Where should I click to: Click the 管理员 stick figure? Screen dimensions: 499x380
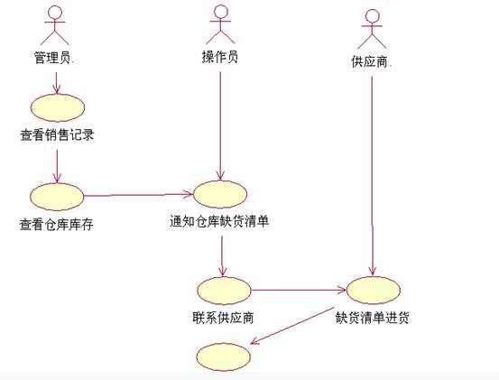(x=55, y=25)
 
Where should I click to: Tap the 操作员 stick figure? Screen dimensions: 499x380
(x=220, y=24)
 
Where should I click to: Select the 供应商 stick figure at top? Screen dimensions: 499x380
(x=372, y=29)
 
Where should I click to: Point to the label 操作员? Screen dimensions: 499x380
(x=220, y=57)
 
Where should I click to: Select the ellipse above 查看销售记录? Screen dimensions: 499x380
(x=58, y=107)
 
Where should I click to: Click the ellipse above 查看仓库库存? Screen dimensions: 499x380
(x=57, y=197)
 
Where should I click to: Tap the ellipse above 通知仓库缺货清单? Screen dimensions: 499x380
(x=220, y=194)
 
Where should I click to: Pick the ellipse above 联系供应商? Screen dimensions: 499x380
(x=224, y=291)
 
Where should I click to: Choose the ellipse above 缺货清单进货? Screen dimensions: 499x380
(x=373, y=290)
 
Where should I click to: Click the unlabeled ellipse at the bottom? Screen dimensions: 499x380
(x=224, y=357)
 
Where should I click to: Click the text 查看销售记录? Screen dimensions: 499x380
(x=57, y=135)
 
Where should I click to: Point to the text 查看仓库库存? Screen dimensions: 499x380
(x=56, y=225)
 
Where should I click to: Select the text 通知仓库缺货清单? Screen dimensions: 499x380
(x=219, y=221)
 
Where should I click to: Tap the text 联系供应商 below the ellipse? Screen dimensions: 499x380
(x=223, y=318)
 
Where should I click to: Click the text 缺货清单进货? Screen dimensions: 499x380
(x=373, y=318)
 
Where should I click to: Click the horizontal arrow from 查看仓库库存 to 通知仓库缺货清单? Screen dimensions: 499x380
(x=138, y=194)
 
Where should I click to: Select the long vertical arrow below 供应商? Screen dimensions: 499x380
(x=373, y=176)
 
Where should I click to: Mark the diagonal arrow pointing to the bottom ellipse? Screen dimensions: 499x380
(x=292, y=326)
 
